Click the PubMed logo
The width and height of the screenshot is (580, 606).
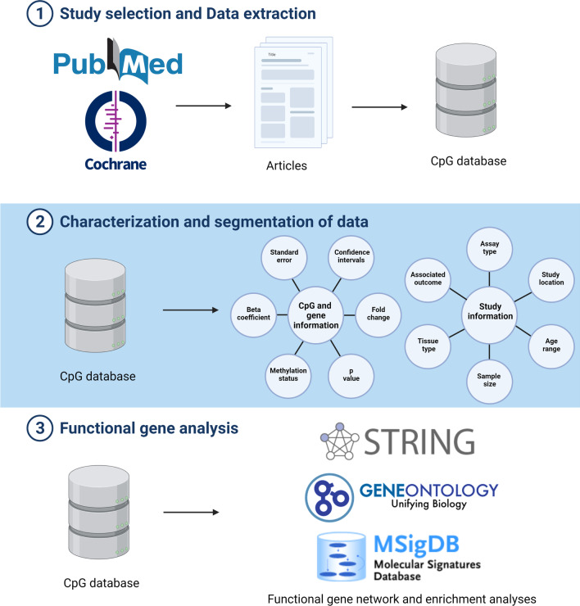(118, 61)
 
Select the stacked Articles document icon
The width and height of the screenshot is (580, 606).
(293, 93)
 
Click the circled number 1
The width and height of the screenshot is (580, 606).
(40, 14)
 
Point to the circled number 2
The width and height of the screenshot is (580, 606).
(40, 222)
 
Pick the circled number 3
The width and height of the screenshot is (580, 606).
(40, 428)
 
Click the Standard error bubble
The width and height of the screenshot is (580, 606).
(284, 256)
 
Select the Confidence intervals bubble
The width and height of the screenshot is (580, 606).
(351, 256)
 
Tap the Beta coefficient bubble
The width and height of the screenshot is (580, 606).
(254, 314)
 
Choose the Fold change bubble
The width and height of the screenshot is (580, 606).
(378, 314)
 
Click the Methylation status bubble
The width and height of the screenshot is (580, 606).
(288, 375)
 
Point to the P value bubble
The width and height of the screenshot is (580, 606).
(351, 375)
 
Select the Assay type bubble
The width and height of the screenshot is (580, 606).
(490, 249)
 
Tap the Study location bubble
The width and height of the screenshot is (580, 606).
(551, 279)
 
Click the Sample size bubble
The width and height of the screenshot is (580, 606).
(490, 381)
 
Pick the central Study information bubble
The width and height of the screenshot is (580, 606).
(490, 314)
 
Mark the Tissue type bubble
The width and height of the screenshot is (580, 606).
(428, 346)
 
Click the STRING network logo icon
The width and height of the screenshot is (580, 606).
(339, 441)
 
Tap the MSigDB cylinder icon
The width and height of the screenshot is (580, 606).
(341, 557)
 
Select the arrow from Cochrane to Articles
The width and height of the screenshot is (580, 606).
(203, 106)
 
